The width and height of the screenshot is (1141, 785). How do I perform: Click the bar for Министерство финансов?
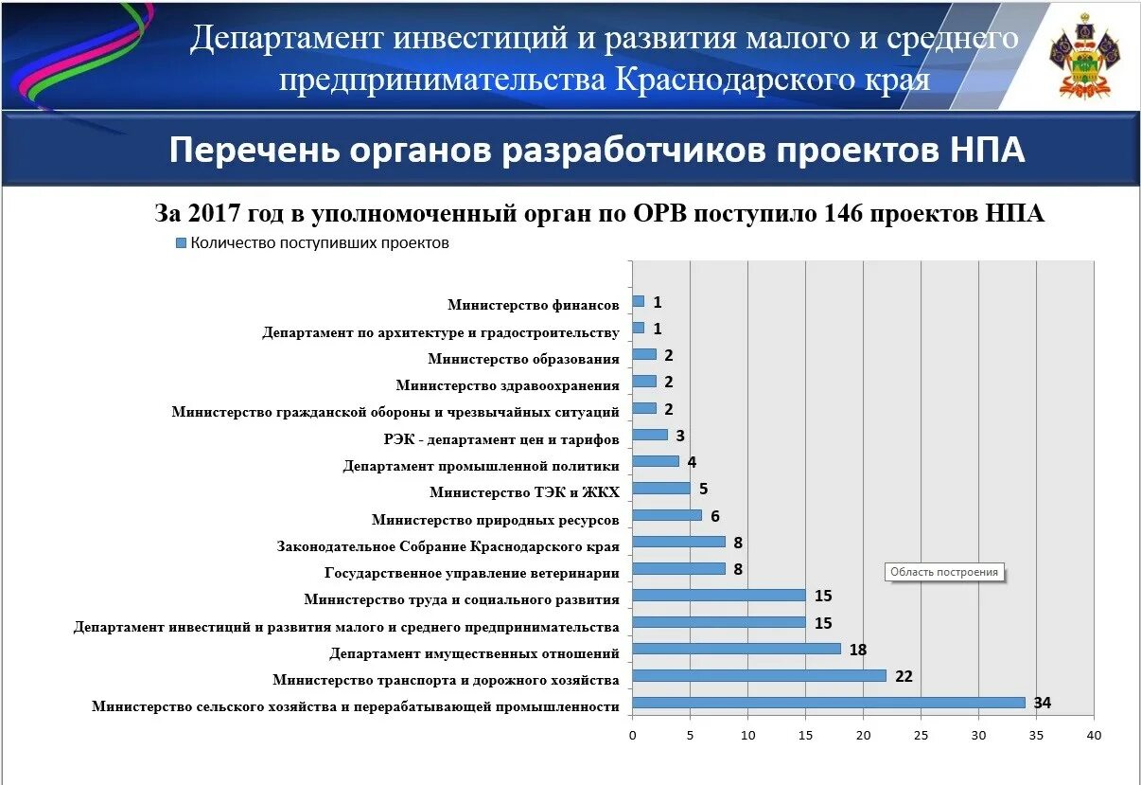[638, 301]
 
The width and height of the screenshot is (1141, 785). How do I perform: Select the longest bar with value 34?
[828, 703]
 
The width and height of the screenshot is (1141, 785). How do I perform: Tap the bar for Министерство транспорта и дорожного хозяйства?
[759, 676]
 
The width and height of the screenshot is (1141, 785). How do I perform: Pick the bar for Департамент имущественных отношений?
[736, 649]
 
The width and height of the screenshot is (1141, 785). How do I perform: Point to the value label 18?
[857, 650]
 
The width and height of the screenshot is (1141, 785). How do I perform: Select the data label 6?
[715, 515]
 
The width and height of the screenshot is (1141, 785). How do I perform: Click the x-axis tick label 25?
[921, 736]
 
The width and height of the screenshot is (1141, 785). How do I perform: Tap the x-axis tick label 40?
[1094, 736]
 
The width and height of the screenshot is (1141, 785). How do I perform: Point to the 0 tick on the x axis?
[632, 736]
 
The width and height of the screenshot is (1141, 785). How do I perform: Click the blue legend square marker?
[181, 243]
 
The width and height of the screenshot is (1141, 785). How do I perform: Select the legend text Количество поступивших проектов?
[319, 243]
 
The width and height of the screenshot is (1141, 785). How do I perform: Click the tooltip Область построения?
[944, 572]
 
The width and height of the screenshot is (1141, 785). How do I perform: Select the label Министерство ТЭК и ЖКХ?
[524, 492]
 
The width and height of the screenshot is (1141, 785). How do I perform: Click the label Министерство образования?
[523, 359]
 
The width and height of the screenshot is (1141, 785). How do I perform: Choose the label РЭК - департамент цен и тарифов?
[501, 439]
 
